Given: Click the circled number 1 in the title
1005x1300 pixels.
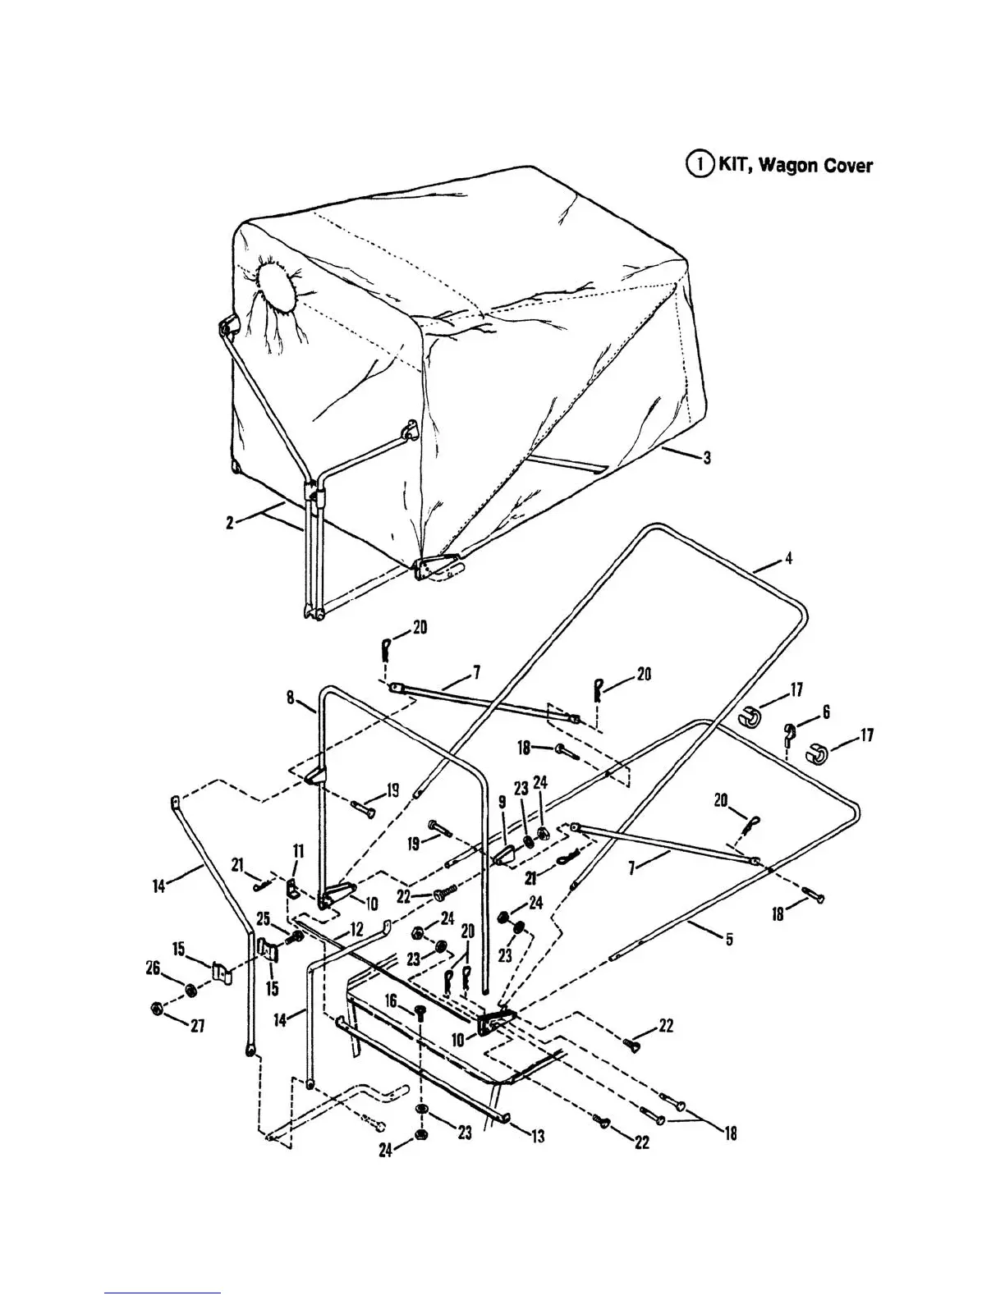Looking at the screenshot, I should pos(700,164).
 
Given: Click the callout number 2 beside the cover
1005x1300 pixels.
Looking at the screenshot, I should pos(230,522).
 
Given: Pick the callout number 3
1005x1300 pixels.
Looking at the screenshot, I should pos(706,458).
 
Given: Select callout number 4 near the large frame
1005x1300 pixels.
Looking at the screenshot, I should pos(788,559).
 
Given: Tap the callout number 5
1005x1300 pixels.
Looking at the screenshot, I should pos(729,941).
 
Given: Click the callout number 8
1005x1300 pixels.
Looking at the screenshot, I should pos(291,698).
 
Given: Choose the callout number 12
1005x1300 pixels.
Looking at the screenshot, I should pos(356,930).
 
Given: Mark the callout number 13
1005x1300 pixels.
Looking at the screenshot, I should pos(538,1137).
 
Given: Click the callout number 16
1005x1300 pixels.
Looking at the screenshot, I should pos(391,1001).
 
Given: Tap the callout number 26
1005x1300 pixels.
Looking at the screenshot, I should pos(153,969).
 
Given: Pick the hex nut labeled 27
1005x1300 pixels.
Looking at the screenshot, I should pos(156,1008).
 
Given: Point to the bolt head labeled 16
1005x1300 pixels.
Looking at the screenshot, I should pos(420,1011).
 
